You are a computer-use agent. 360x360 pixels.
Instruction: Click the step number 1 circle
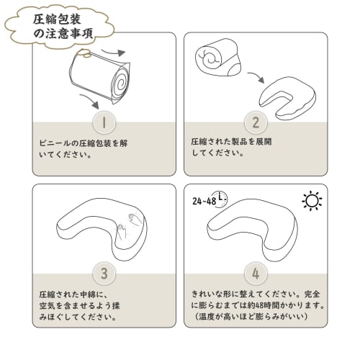(x=104, y=122)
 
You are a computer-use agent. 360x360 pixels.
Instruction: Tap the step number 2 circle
(x=255, y=122)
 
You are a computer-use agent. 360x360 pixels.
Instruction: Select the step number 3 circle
(x=104, y=274)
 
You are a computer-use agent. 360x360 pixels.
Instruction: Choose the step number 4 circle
(x=255, y=274)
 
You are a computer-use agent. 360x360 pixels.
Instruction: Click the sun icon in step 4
(x=312, y=201)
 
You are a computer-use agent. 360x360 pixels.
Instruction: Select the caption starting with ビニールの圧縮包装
(x=83, y=148)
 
